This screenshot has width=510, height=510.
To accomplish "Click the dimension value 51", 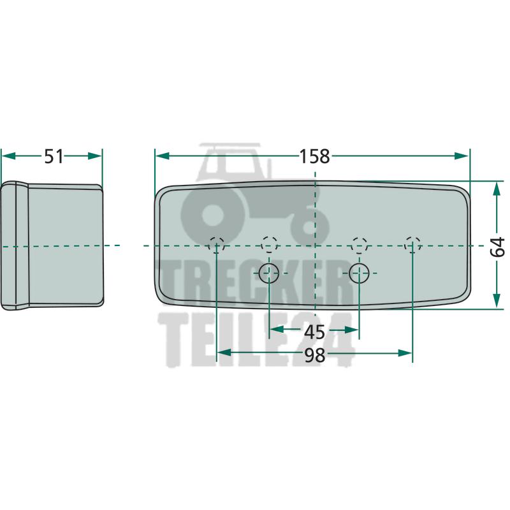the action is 54,156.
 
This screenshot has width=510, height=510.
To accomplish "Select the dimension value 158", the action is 314,156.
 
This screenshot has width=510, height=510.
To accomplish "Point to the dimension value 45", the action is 314,332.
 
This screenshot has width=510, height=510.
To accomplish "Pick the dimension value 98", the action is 314,355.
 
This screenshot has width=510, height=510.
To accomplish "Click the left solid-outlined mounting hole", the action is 268,273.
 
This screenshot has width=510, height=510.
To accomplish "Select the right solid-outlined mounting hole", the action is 359,273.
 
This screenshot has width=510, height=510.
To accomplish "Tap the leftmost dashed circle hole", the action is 217,245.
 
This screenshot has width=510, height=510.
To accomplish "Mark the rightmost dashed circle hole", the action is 412,245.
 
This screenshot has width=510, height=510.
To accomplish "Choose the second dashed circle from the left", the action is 269,245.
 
